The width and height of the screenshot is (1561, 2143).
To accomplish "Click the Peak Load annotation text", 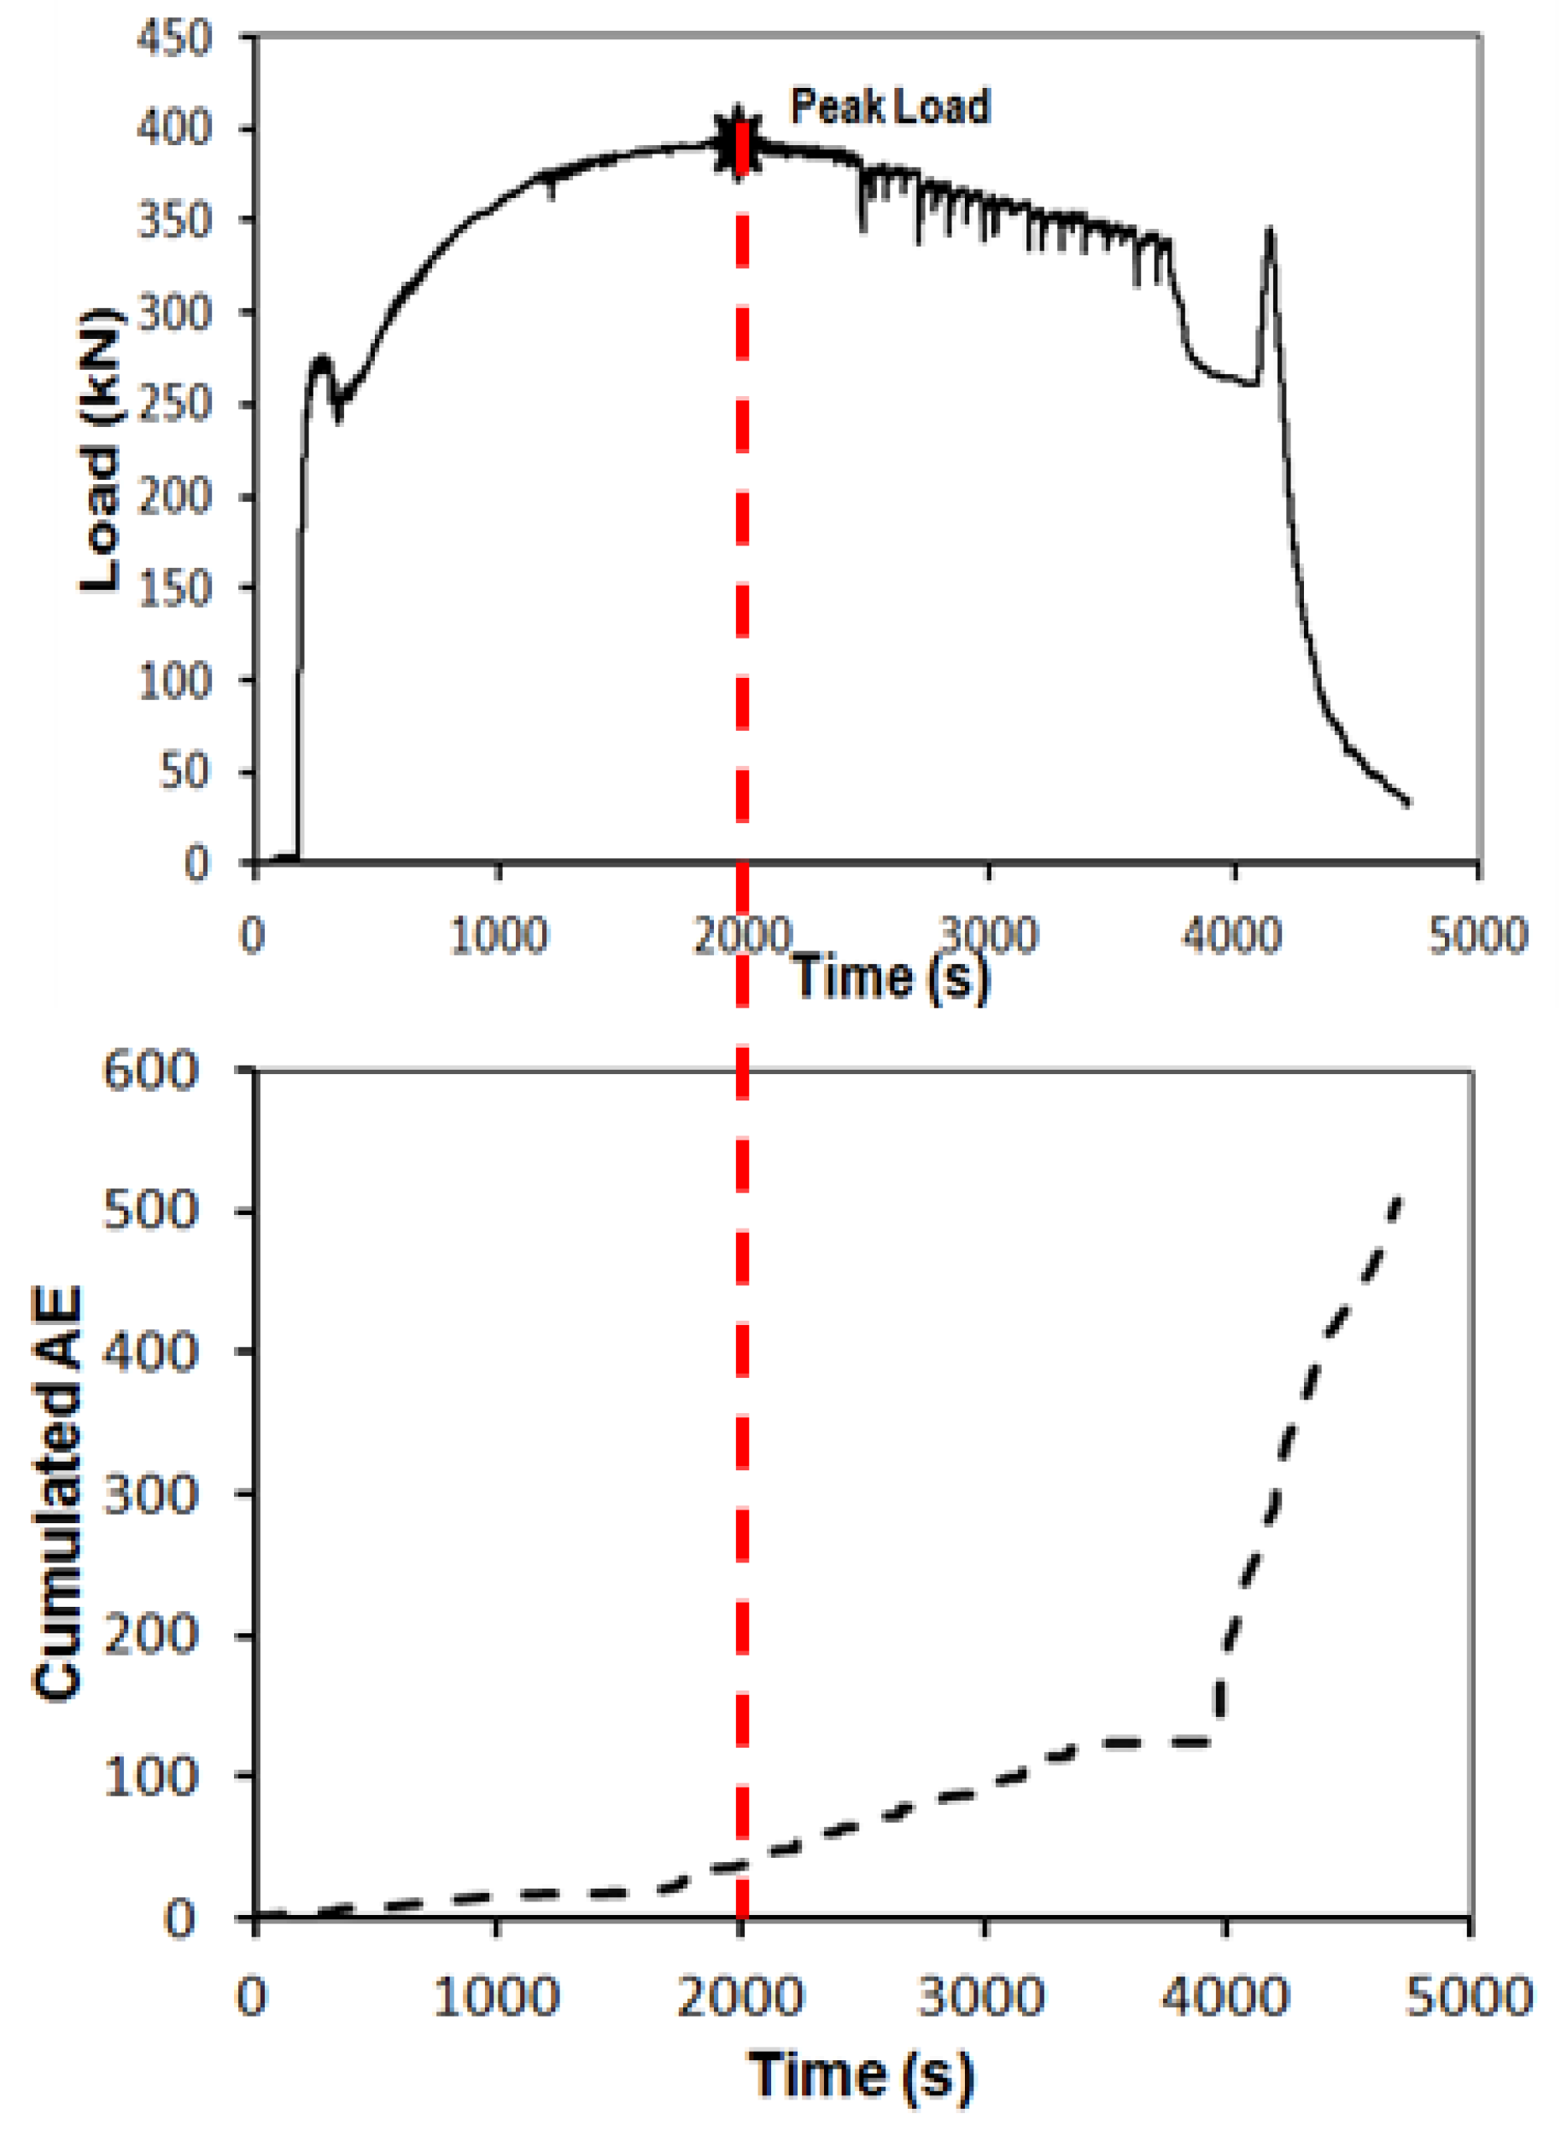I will click(x=890, y=107).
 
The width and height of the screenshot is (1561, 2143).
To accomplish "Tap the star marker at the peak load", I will click(x=737, y=143).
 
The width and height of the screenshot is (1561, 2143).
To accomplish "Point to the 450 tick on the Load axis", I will click(x=174, y=39).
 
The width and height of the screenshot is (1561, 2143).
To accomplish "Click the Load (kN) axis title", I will click(x=100, y=450).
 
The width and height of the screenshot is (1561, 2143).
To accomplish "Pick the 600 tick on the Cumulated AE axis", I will click(x=151, y=1072).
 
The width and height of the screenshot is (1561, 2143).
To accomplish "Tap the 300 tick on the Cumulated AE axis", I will click(x=151, y=1495).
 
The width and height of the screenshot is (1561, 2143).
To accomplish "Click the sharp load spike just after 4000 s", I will click(x=1270, y=231).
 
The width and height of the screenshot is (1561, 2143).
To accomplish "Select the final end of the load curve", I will click(x=1408, y=803).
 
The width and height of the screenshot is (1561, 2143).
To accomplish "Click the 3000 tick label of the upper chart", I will click(x=988, y=936).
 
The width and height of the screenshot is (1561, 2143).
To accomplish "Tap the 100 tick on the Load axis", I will click(x=174, y=680).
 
